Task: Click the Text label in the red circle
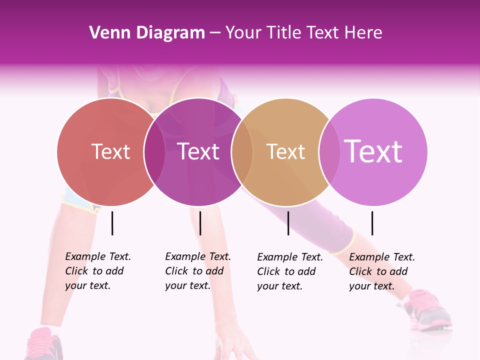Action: pyautogui.click(x=110, y=151)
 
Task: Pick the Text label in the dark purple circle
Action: pyautogui.click(x=198, y=151)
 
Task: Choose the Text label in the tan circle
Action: pyautogui.click(x=285, y=151)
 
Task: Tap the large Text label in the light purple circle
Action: pyautogui.click(x=373, y=151)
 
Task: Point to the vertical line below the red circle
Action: pyautogui.click(x=112, y=223)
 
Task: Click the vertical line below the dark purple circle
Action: pyautogui.click(x=200, y=223)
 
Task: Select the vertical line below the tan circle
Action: pyautogui.click(x=288, y=223)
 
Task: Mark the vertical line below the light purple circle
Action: pyautogui.click(x=372, y=223)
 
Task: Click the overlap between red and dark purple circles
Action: pyautogui.click(x=154, y=151)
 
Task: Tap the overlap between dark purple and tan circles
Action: pyautogui.click(x=242, y=151)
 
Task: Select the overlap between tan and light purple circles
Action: pyautogui.click(x=329, y=151)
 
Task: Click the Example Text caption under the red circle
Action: pyautogui.click(x=97, y=271)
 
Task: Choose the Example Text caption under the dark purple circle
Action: pyautogui.click(x=197, y=271)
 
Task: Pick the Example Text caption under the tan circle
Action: pyautogui.click(x=289, y=271)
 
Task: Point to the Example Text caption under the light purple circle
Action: pyautogui.click(x=381, y=271)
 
